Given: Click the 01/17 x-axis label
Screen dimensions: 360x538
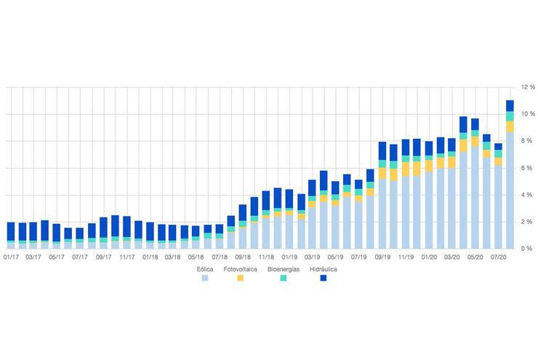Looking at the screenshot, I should [x=11, y=257].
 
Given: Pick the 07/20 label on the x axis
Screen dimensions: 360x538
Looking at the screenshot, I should [x=498, y=257].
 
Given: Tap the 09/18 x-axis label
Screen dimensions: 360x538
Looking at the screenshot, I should [x=244, y=257].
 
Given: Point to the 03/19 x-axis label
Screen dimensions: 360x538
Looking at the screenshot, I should [x=313, y=257].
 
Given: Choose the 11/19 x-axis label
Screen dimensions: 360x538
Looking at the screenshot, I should [x=405, y=257].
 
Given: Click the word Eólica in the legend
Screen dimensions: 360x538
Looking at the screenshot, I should [x=204, y=269].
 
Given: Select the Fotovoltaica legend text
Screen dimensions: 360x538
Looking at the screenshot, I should [x=241, y=269].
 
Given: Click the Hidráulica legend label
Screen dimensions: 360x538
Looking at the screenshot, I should [x=324, y=269].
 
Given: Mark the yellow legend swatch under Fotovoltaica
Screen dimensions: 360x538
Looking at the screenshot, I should [x=241, y=279].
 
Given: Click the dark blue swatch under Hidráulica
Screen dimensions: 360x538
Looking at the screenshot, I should [x=324, y=279].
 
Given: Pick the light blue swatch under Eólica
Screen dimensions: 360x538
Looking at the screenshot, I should [x=204, y=279].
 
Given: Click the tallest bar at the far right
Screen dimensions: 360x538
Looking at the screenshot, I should [x=510, y=175].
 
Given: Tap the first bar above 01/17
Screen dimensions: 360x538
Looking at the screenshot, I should [x=11, y=235].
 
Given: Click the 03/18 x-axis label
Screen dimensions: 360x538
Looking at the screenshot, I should [x=173, y=257].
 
